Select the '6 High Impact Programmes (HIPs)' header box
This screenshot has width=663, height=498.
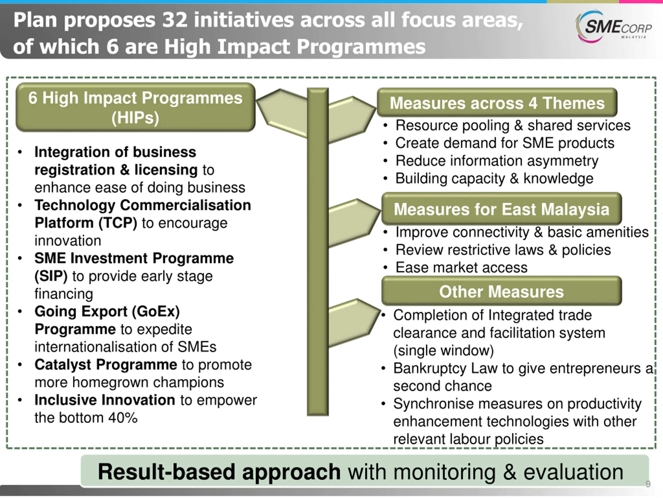[135, 107]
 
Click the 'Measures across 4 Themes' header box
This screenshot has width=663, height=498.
[497, 103]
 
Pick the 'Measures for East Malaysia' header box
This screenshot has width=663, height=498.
[501, 209]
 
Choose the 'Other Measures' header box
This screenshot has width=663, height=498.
[501, 292]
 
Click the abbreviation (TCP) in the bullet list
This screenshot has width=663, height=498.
[118, 223]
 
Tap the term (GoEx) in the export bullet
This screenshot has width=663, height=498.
[156, 312]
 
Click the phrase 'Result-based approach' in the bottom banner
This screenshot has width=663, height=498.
[219, 472]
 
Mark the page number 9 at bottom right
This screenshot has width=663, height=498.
[648, 484]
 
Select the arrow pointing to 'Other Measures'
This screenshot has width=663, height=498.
[354, 323]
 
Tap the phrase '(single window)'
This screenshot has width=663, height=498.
[444, 351]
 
